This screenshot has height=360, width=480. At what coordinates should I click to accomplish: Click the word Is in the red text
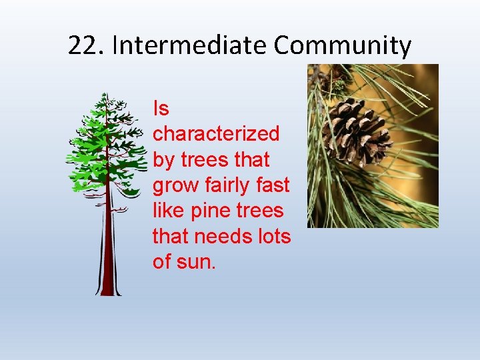[161, 108]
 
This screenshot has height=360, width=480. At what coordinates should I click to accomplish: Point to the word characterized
[216, 134]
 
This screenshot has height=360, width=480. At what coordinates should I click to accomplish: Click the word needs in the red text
[227, 237]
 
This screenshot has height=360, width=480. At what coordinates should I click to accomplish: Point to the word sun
[197, 262]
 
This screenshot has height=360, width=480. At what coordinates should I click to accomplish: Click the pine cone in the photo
[356, 130]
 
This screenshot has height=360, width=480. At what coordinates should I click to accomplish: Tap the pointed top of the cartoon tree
[104, 97]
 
